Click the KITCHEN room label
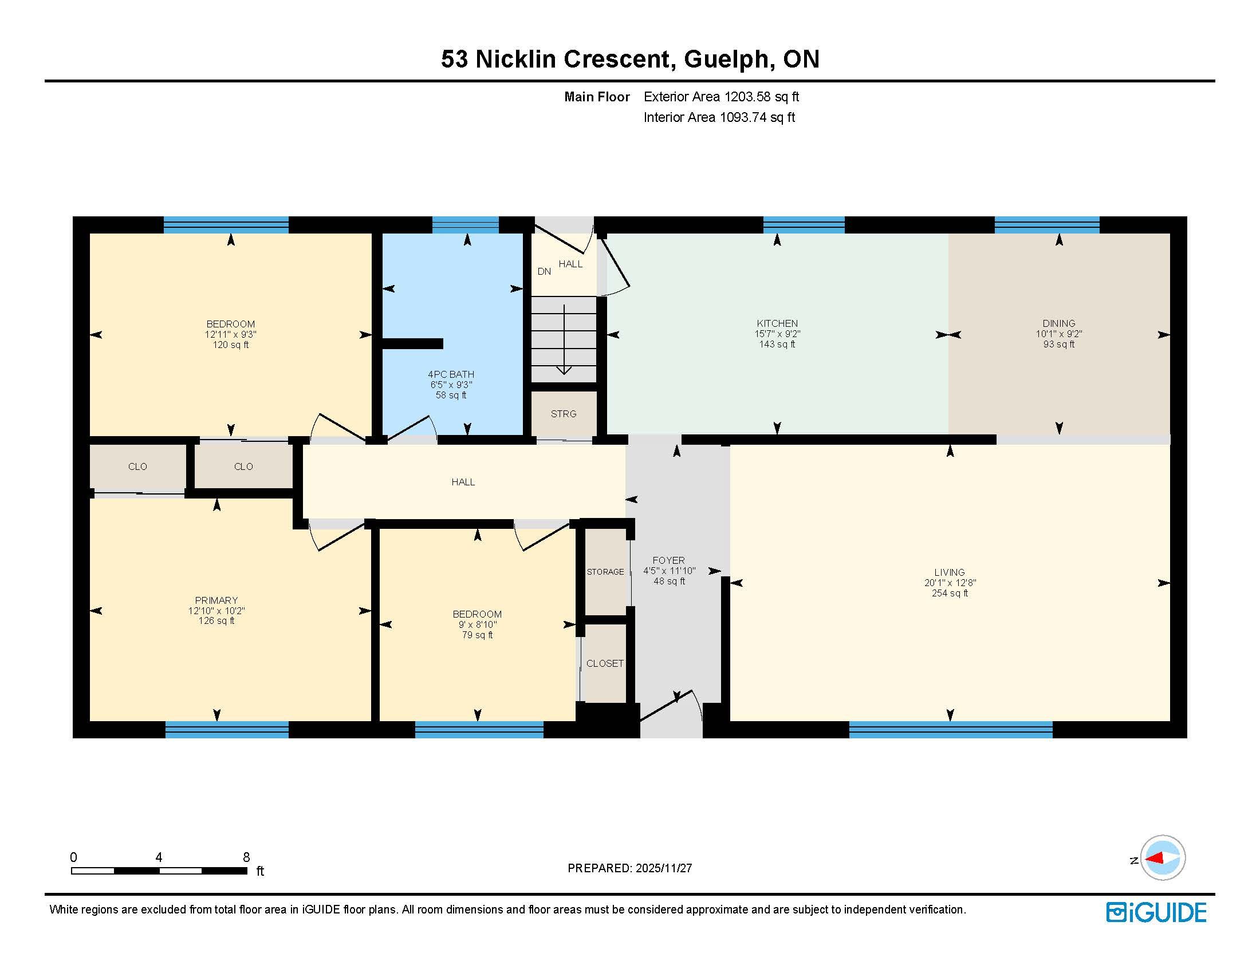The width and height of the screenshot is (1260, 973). click(777, 323)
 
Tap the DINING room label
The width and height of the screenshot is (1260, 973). click(1058, 323)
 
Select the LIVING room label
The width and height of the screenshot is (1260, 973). click(950, 572)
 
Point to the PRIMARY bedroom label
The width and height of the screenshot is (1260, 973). click(216, 600)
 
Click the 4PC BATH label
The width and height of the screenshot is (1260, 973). click(451, 374)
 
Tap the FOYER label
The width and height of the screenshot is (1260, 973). click(668, 560)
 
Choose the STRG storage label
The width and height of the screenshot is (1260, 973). click(564, 414)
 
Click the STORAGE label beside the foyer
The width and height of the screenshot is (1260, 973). click(605, 572)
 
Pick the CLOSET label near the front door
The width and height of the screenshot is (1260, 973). click(605, 663)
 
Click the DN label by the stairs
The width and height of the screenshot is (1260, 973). click(544, 271)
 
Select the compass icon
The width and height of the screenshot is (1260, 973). click(1162, 858)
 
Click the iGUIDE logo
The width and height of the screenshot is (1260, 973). click(1156, 912)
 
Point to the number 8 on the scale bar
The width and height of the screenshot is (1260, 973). click(246, 857)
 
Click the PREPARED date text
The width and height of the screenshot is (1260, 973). click(630, 868)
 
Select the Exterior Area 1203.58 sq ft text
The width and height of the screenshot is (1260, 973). click(721, 97)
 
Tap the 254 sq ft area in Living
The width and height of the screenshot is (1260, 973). click(950, 593)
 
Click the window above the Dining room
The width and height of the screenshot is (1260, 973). click(1047, 225)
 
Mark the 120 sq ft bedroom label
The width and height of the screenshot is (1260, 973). click(231, 345)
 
